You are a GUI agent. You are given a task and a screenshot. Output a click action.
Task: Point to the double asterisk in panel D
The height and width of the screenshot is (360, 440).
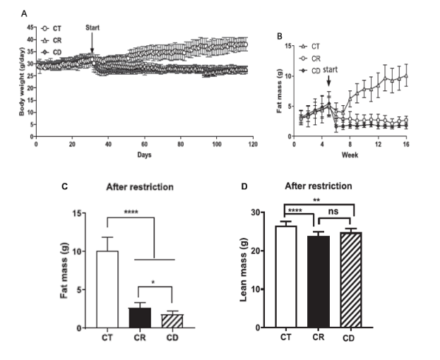tap(319, 200)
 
